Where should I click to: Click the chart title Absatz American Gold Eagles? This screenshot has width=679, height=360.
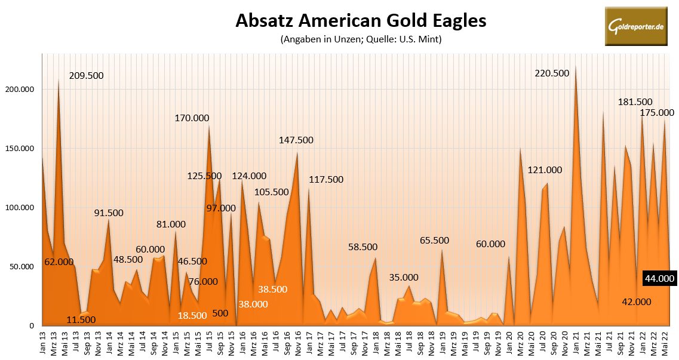361,20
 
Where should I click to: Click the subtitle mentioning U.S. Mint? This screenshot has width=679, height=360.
360,39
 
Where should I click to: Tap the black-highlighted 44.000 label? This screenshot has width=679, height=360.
659,278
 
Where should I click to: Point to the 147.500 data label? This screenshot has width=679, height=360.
296,140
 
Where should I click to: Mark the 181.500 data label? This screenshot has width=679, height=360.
635,102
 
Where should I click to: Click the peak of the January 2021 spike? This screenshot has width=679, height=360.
576,67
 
